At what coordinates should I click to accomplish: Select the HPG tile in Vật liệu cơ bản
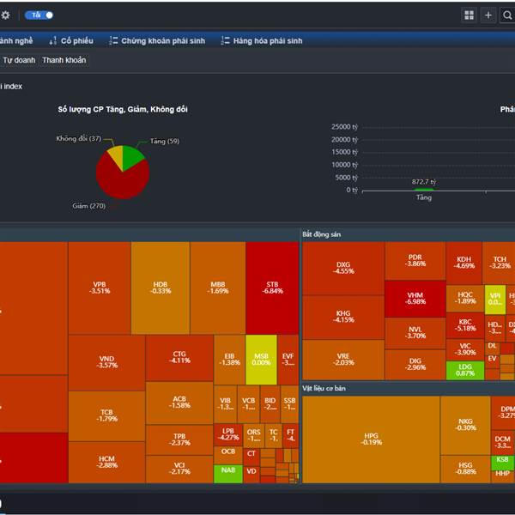[x=371, y=439]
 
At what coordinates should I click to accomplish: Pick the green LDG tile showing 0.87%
[x=464, y=370]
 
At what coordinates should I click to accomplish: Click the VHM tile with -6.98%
[x=415, y=298]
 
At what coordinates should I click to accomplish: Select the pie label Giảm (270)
[x=88, y=206]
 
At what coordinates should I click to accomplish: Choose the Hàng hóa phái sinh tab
[x=262, y=40]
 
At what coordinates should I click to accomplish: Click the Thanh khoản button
[x=64, y=60]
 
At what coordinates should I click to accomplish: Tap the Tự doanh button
[x=19, y=60]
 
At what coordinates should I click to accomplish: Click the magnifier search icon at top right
[x=507, y=15]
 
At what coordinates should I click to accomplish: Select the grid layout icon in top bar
[x=469, y=15]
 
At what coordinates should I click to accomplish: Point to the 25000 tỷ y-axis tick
[x=344, y=127]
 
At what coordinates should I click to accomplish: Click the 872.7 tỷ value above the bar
[x=424, y=182]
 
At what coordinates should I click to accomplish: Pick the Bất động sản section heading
[x=323, y=233]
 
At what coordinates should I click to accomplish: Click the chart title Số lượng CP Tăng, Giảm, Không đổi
[x=123, y=109]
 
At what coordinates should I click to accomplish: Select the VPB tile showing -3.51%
[x=100, y=287]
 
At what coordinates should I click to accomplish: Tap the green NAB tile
[x=227, y=470]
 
